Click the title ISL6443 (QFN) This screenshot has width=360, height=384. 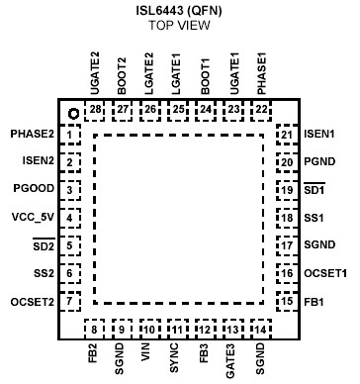pos(177,9)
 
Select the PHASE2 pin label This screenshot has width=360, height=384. pos(33,133)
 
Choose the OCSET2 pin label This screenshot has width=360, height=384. pos(33,301)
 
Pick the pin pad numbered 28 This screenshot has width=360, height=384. pos(96,109)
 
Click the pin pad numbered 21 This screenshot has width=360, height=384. pos(286,134)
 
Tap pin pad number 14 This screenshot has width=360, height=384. pos(260,328)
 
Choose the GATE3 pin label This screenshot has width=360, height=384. pos(232,360)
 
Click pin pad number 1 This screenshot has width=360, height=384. pos(69,134)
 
